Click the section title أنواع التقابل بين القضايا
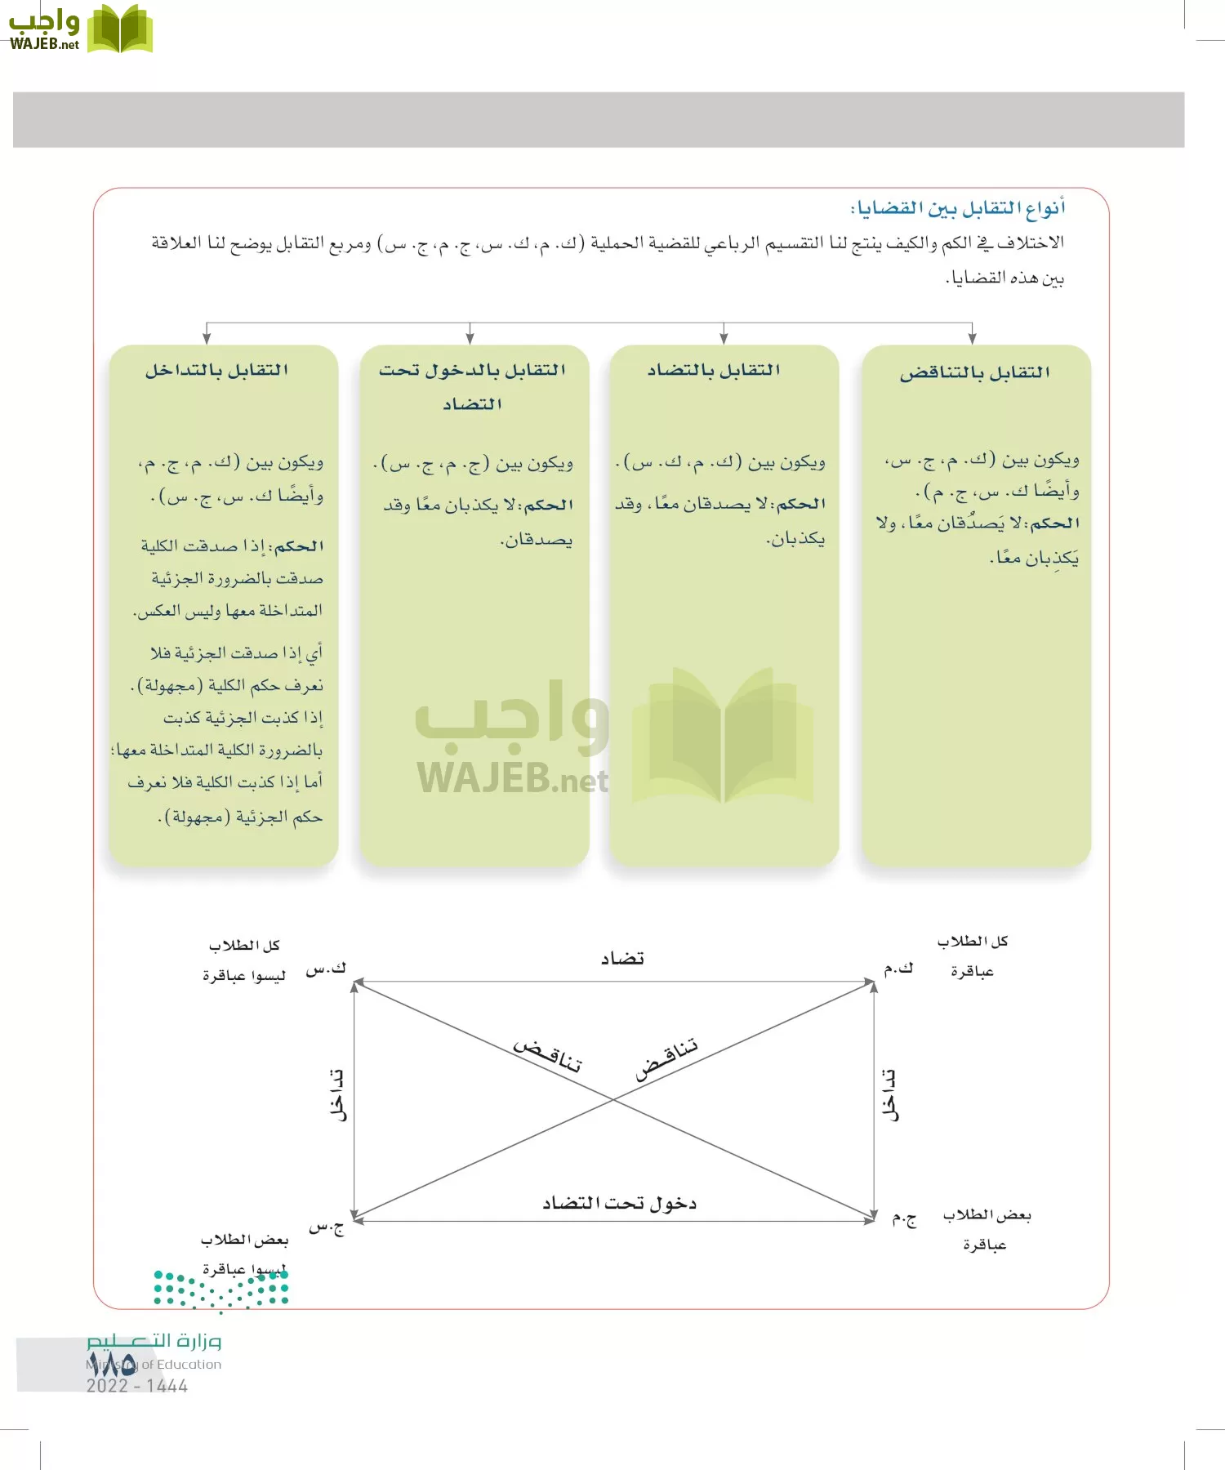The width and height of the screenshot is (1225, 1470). [x=958, y=209]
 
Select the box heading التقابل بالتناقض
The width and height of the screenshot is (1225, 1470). [x=974, y=373]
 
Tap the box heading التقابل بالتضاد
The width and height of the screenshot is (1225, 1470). [x=714, y=371]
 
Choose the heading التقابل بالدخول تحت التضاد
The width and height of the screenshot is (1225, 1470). [x=472, y=385]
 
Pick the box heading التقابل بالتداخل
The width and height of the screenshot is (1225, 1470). [x=217, y=371]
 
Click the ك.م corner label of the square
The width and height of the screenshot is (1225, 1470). [x=898, y=969]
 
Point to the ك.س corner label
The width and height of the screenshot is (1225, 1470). [x=326, y=969]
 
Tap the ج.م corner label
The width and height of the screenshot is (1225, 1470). [x=903, y=1219]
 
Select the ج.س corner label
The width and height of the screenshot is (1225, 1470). [x=326, y=1227]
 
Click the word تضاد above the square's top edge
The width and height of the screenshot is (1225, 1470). [x=622, y=958]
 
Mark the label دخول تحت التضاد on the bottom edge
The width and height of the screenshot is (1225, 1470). [x=619, y=1203]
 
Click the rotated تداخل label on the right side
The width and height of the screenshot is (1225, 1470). [x=890, y=1095]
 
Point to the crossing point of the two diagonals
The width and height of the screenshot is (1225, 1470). [x=613, y=1100]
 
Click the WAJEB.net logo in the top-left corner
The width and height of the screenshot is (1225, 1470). [x=80, y=29]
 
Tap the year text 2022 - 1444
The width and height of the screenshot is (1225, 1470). [x=137, y=1386]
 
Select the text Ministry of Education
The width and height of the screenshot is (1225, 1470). [x=154, y=1364]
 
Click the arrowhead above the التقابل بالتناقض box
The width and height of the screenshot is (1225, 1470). [x=972, y=338]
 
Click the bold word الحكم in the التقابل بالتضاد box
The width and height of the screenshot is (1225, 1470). [x=800, y=504]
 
